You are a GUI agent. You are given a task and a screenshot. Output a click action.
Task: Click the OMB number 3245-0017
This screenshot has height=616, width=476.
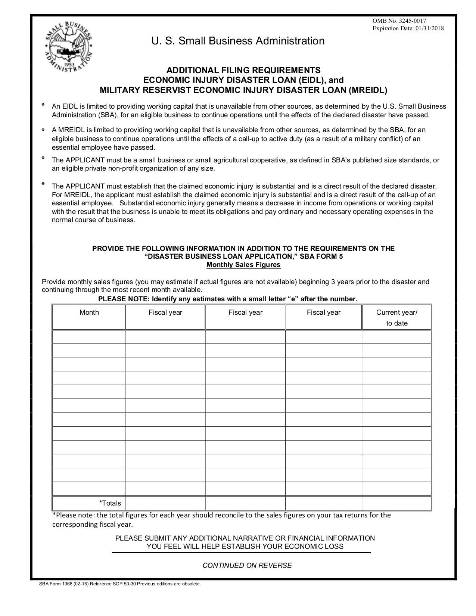click(399, 21)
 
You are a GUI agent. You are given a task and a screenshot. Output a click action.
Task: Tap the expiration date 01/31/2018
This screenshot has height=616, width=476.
click(429, 28)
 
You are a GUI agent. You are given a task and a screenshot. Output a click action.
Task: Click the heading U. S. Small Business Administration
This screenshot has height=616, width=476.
click(238, 41)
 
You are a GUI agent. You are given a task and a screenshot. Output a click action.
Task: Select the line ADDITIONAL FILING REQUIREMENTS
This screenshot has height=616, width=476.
click(243, 70)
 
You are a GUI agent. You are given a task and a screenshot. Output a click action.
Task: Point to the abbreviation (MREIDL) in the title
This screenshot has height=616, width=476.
click(368, 90)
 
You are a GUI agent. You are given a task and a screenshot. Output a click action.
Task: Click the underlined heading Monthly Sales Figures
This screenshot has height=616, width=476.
click(243, 265)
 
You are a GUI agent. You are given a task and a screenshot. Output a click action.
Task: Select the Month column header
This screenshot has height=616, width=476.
click(89, 312)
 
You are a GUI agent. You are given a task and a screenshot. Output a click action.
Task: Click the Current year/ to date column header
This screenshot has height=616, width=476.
click(396, 318)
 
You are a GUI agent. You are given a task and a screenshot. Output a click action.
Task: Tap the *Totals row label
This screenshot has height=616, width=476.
click(110, 503)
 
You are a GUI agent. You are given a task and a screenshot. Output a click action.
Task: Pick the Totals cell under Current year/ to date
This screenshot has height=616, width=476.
click(396, 503)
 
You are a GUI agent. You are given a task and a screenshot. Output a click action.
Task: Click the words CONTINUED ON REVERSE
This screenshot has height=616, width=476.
click(247, 565)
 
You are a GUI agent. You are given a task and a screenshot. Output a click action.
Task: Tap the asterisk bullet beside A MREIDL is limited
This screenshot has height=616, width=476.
click(43, 130)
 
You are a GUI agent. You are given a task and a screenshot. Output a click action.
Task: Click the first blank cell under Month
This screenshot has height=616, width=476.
click(89, 336)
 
